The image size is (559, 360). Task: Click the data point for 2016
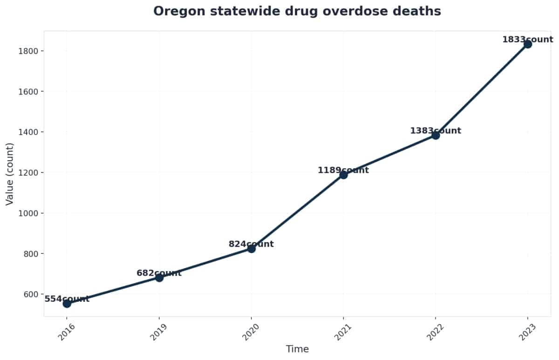click(x=67, y=304)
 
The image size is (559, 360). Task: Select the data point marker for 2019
click(x=159, y=278)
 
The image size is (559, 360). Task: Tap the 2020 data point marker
click(x=252, y=249)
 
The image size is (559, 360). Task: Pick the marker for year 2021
click(x=343, y=175)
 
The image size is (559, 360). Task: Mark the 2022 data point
click(x=436, y=135)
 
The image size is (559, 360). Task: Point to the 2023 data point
click(x=528, y=44)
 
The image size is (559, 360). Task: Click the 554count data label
click(x=67, y=299)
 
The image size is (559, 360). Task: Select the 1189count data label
click(x=343, y=170)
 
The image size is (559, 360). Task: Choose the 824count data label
click(x=251, y=245)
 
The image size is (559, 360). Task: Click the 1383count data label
click(x=436, y=131)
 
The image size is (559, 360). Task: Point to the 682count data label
click(x=159, y=273)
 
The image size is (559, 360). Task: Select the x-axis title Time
click(x=297, y=349)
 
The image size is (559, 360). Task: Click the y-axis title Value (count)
click(x=9, y=174)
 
